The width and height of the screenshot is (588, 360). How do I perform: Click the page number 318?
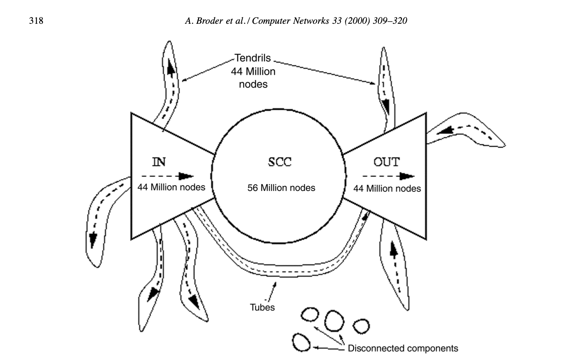click(36, 20)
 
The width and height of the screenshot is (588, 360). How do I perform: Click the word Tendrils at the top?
click(252, 58)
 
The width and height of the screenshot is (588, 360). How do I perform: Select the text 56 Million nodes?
click(281, 188)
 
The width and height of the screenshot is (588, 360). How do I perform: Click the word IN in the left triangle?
click(159, 162)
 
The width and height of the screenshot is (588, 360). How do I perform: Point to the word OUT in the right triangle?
click(386, 162)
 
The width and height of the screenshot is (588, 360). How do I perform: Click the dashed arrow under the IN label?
click(168, 176)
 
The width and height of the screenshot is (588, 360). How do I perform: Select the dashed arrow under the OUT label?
click(388, 176)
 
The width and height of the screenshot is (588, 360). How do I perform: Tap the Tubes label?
click(262, 307)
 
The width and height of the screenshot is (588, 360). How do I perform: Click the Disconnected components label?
click(403, 348)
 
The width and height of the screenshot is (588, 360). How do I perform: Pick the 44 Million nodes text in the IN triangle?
click(171, 187)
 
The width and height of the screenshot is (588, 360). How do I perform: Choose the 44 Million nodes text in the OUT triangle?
click(387, 188)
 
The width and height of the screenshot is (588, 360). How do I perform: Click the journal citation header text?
click(296, 21)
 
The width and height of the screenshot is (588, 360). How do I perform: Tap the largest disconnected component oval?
click(334, 320)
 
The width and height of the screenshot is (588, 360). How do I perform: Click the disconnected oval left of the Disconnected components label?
click(302, 342)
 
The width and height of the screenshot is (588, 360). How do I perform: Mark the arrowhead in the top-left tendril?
click(171, 70)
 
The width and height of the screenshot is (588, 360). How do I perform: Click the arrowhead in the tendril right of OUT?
click(446, 131)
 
